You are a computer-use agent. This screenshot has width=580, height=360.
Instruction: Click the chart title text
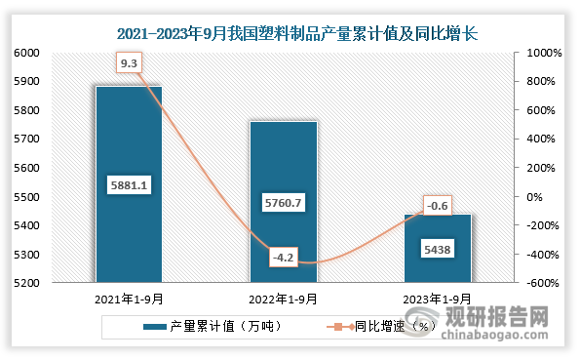point(290,33)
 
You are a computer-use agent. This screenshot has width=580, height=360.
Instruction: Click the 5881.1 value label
point(129,182)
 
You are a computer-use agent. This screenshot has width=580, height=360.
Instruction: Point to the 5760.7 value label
point(284,202)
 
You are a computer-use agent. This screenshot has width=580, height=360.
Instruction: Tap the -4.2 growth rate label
point(284,259)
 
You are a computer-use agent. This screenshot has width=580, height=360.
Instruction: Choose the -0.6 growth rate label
point(438,205)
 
